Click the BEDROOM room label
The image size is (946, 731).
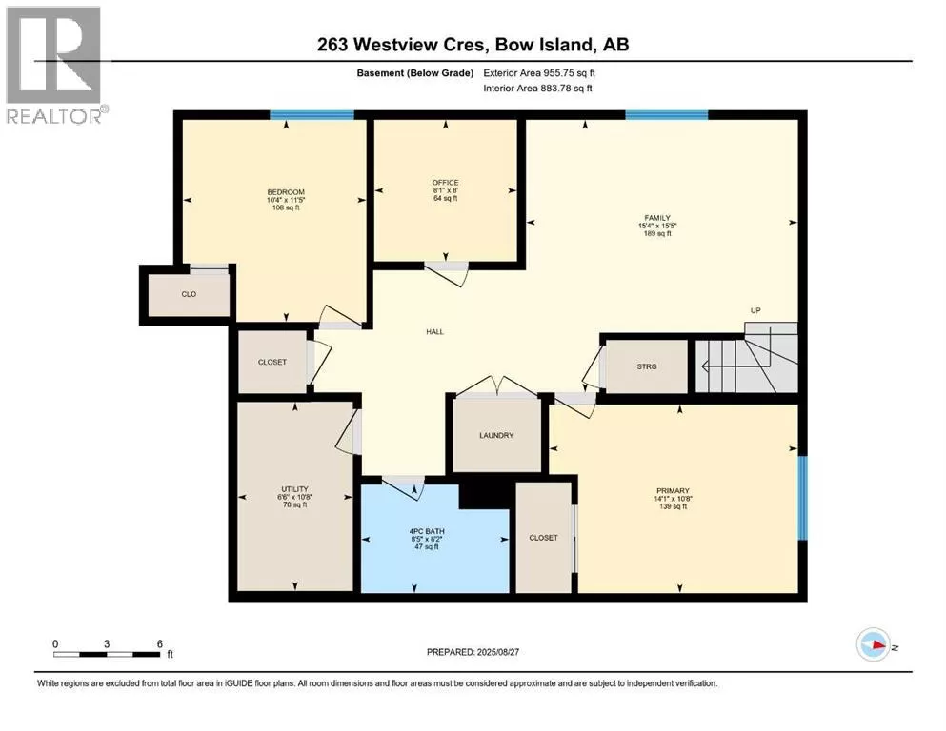[286, 192]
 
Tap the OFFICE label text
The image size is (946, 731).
[445, 183]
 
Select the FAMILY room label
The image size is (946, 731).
[657, 218]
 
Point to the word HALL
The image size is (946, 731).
[435, 332]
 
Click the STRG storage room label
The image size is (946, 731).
[647, 366]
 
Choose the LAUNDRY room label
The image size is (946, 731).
[496, 435]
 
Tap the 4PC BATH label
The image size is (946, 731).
[427, 531]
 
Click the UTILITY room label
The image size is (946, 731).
[295, 489]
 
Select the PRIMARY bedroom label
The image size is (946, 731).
[673, 491]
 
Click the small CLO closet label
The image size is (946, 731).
[189, 294]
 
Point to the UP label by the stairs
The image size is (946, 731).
[755, 310]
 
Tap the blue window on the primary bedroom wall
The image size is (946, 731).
[802, 498]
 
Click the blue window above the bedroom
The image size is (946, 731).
[312, 115]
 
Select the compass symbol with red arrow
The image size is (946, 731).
[873, 644]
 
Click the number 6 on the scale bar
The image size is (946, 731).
[160, 643]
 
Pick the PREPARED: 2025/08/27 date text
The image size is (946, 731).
[473, 652]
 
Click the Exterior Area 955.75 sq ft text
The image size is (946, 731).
[539, 73]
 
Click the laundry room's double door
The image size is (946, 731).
[496, 386]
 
